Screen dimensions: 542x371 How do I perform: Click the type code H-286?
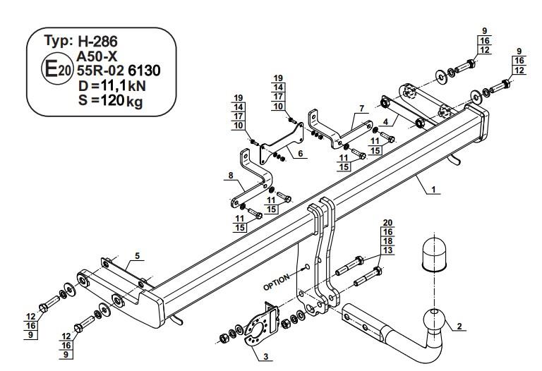(x=98, y=42)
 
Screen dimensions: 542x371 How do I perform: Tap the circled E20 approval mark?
(x=56, y=70)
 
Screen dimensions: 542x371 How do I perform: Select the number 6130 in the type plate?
(x=145, y=71)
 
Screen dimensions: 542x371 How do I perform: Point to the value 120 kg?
(x=121, y=101)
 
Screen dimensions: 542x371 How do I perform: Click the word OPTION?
(x=276, y=283)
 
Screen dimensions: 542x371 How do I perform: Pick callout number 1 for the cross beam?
(x=433, y=189)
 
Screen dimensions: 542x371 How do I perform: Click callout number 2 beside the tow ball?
(x=459, y=326)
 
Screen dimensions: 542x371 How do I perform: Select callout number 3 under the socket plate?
(x=266, y=356)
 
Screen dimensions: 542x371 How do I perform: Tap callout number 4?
(x=386, y=121)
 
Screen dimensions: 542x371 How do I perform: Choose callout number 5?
(x=138, y=256)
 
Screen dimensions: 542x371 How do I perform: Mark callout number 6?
(x=301, y=153)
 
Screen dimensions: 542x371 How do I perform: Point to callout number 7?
(x=361, y=109)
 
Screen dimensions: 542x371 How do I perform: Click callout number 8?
(x=231, y=176)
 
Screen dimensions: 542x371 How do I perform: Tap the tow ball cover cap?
(x=434, y=254)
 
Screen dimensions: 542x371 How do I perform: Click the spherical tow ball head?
(x=435, y=318)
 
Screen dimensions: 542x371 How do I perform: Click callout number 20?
(x=388, y=223)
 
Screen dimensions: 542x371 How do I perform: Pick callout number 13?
(x=388, y=250)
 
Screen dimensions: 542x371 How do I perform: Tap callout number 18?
(x=388, y=241)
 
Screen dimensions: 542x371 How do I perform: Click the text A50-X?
(x=97, y=56)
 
